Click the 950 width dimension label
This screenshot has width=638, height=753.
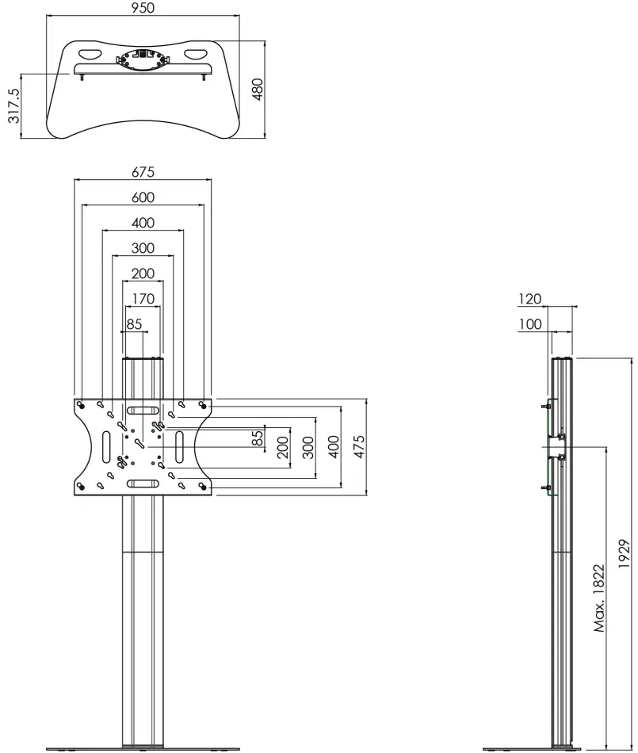[143, 7]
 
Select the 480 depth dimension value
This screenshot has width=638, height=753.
[257, 89]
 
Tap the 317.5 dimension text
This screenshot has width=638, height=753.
[13, 106]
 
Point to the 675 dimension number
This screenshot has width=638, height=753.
[143, 171]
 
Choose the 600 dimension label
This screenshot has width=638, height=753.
[143, 197]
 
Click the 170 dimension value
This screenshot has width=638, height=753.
[143, 299]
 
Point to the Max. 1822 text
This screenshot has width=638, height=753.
[599, 598]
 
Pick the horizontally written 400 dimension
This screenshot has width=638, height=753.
[143, 223]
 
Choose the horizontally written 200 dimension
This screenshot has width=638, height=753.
[143, 273]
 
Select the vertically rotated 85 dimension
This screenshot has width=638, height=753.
[258, 438]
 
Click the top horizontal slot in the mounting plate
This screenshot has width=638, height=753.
[143, 411]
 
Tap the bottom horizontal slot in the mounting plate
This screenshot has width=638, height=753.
[143, 484]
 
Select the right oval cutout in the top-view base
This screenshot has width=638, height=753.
[195, 55]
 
